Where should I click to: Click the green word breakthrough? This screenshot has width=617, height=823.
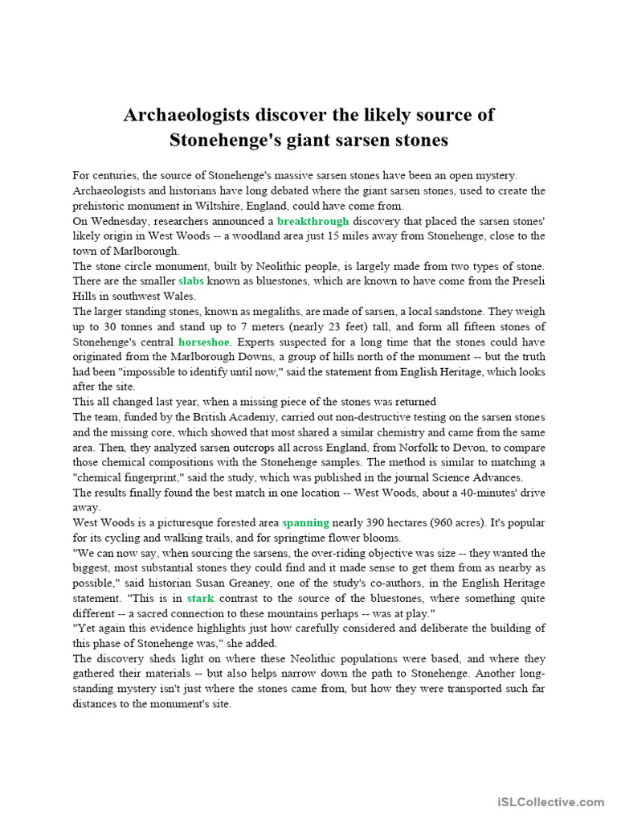(x=313, y=220)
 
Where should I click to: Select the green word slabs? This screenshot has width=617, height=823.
(x=191, y=280)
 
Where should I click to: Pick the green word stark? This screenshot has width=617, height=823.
(x=200, y=598)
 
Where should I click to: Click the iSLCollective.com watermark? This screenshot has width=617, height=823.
(x=550, y=801)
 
